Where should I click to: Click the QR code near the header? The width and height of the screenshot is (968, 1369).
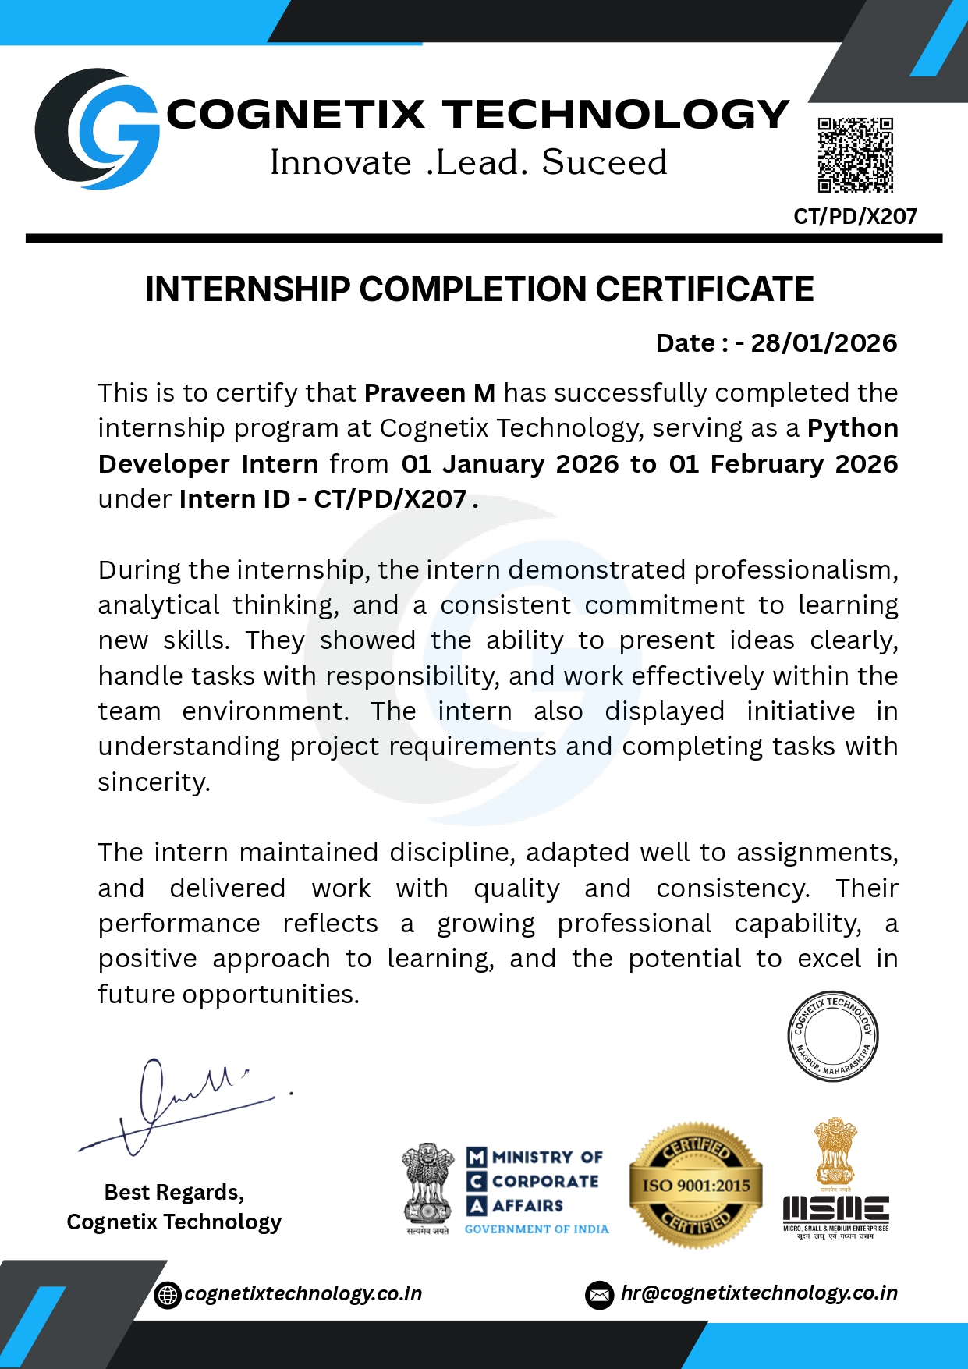(x=855, y=154)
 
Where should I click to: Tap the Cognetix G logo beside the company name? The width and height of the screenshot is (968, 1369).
(x=97, y=129)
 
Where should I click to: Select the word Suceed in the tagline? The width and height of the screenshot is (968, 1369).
(x=605, y=162)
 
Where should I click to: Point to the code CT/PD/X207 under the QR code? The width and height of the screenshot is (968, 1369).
(x=855, y=216)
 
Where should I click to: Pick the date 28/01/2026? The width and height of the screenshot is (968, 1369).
(x=824, y=343)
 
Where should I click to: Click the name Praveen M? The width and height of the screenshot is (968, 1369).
(x=430, y=393)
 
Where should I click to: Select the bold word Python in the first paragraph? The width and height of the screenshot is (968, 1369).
(x=853, y=428)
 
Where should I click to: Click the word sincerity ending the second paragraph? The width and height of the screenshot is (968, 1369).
(x=154, y=782)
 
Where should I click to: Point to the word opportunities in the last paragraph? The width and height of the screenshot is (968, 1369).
(x=270, y=995)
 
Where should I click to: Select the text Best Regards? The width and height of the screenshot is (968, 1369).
(x=174, y=1192)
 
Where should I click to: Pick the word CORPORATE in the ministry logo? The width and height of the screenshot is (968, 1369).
(x=545, y=1181)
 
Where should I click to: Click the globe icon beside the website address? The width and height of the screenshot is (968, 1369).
(x=167, y=1295)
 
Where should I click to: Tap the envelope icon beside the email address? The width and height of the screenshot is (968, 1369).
(x=599, y=1295)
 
